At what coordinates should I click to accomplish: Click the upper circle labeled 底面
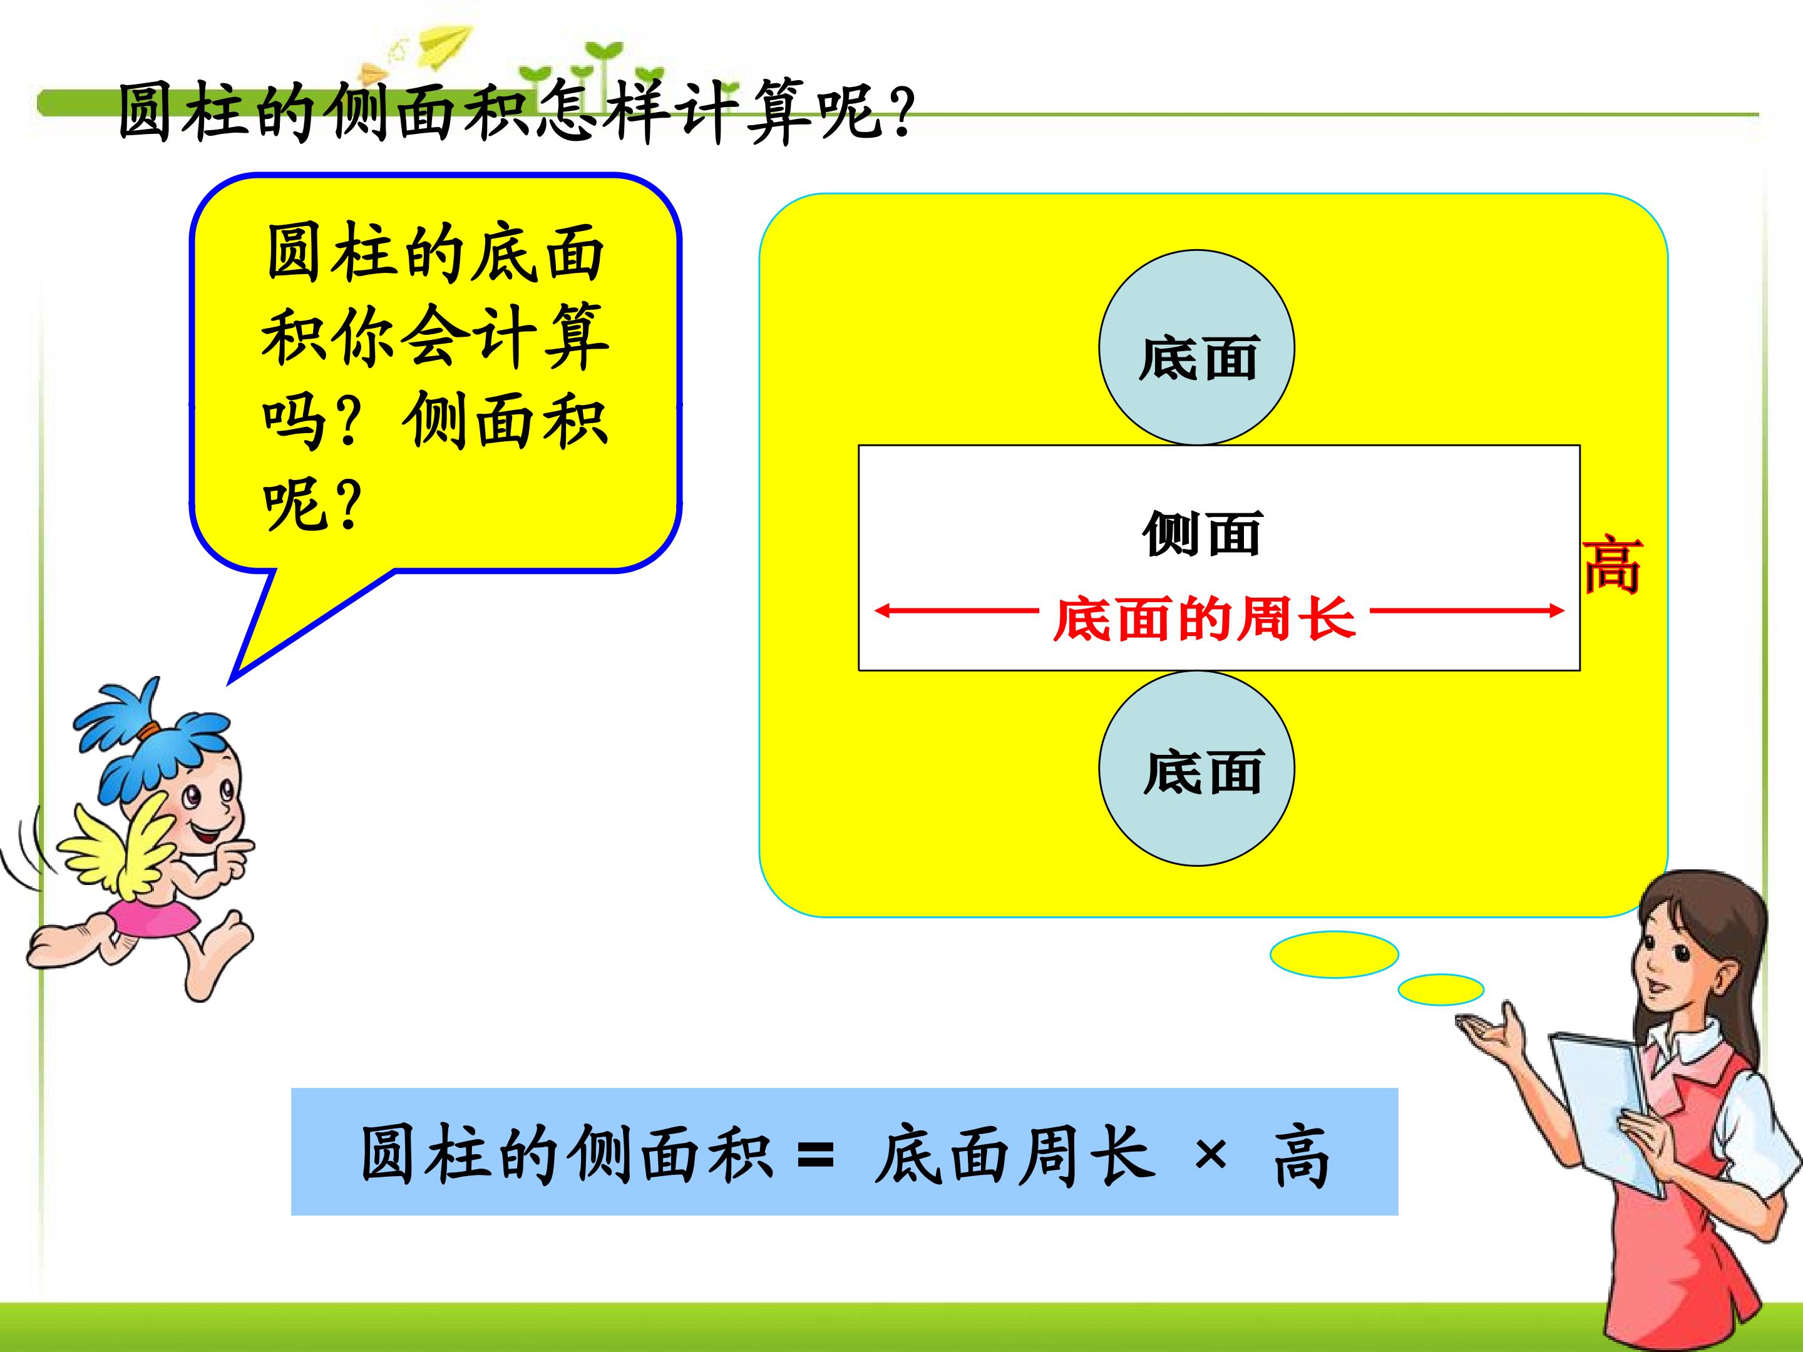point(1196,347)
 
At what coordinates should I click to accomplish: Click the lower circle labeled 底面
point(1196,769)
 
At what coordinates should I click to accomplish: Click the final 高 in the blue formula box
point(1301,1155)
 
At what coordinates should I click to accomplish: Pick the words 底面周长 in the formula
point(1015,1154)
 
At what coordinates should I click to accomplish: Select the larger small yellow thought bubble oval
point(1334,955)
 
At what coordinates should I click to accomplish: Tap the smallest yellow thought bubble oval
point(1441,990)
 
